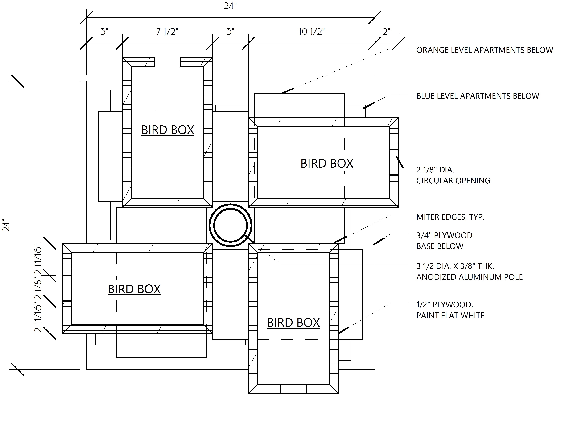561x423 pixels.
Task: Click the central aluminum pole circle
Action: (230, 225)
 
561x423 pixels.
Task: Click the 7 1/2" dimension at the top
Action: (167, 32)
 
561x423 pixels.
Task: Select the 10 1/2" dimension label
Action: (311, 32)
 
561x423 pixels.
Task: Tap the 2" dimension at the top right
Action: (386, 32)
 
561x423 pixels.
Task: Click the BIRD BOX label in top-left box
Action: (168, 130)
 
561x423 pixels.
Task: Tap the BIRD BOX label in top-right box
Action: (327, 164)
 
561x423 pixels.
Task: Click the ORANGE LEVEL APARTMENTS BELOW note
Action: (484, 50)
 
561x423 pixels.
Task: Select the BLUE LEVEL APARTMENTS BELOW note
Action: (478, 96)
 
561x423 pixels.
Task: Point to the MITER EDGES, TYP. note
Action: (450, 217)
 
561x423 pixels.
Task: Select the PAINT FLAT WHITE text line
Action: (450, 316)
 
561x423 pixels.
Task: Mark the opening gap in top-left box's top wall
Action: (167, 62)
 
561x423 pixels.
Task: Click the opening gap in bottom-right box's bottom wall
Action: (293, 389)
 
